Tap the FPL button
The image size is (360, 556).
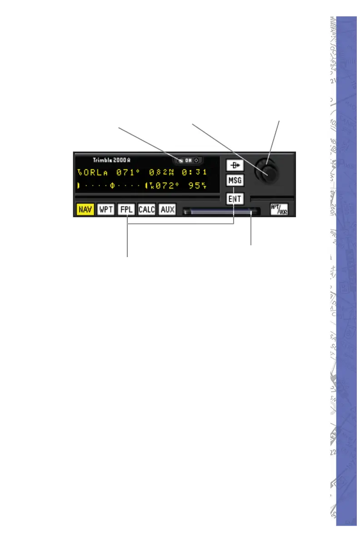[x=126, y=210]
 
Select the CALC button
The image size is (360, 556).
[x=147, y=210]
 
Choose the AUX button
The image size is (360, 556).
[x=167, y=210]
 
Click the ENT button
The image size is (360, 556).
[x=235, y=199]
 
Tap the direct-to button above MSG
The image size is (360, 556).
[x=235, y=166]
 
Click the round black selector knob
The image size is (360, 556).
[x=267, y=171]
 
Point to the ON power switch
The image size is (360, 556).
[x=188, y=160]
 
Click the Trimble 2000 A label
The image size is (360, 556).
[x=112, y=160]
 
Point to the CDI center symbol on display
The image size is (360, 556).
[x=112, y=185]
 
